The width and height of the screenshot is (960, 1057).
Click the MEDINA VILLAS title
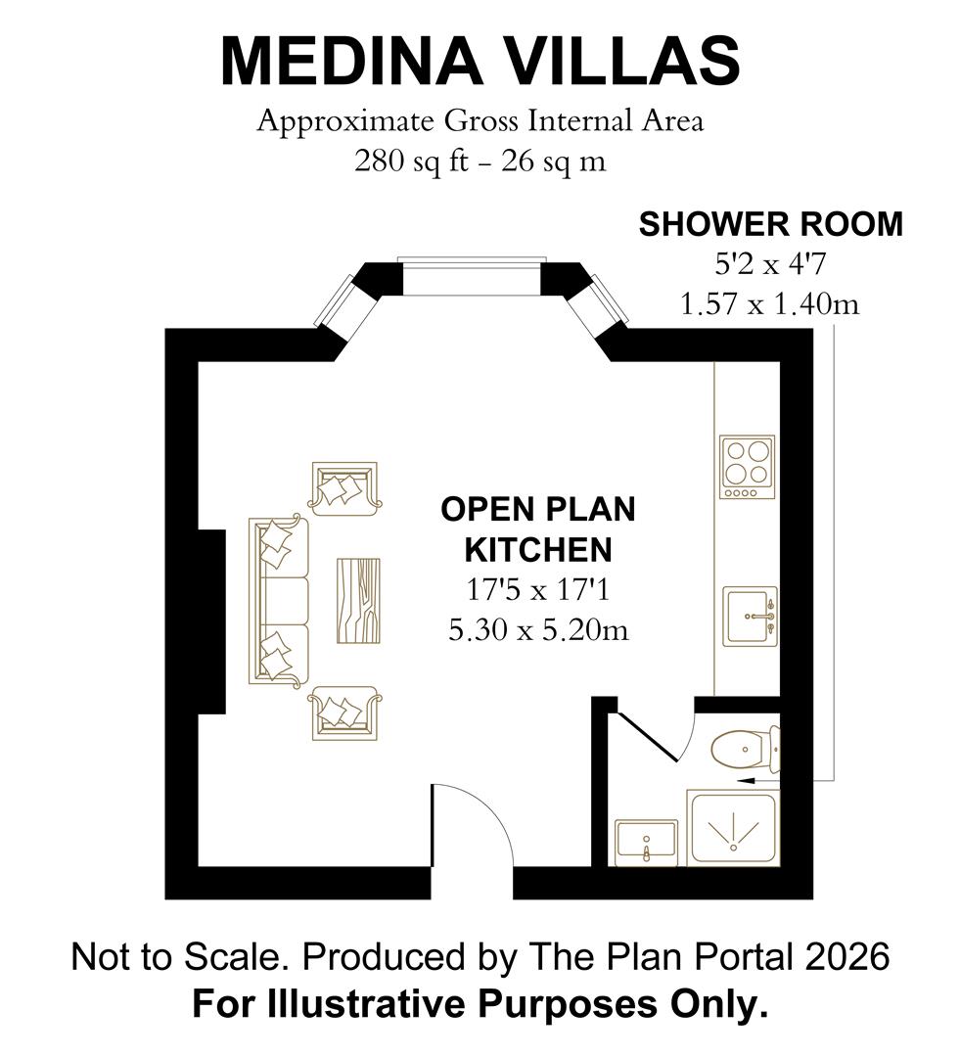pos(480,61)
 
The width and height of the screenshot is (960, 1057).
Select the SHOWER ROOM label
pos(770,224)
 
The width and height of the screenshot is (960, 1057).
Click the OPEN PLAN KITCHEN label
pos(537,529)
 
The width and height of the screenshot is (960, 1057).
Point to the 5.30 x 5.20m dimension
pos(537,630)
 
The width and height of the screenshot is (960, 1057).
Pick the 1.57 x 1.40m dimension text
pos(770,304)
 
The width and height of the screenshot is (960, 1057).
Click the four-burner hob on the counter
pos(747,467)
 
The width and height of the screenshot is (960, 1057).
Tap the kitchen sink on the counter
pos(750,616)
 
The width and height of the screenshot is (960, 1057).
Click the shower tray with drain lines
pos(733,828)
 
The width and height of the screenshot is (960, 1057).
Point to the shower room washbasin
pos(646,842)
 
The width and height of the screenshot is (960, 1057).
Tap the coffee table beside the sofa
pos(359,600)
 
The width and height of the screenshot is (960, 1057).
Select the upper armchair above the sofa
pos(343,487)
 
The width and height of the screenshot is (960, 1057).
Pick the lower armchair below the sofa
pos(343,712)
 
